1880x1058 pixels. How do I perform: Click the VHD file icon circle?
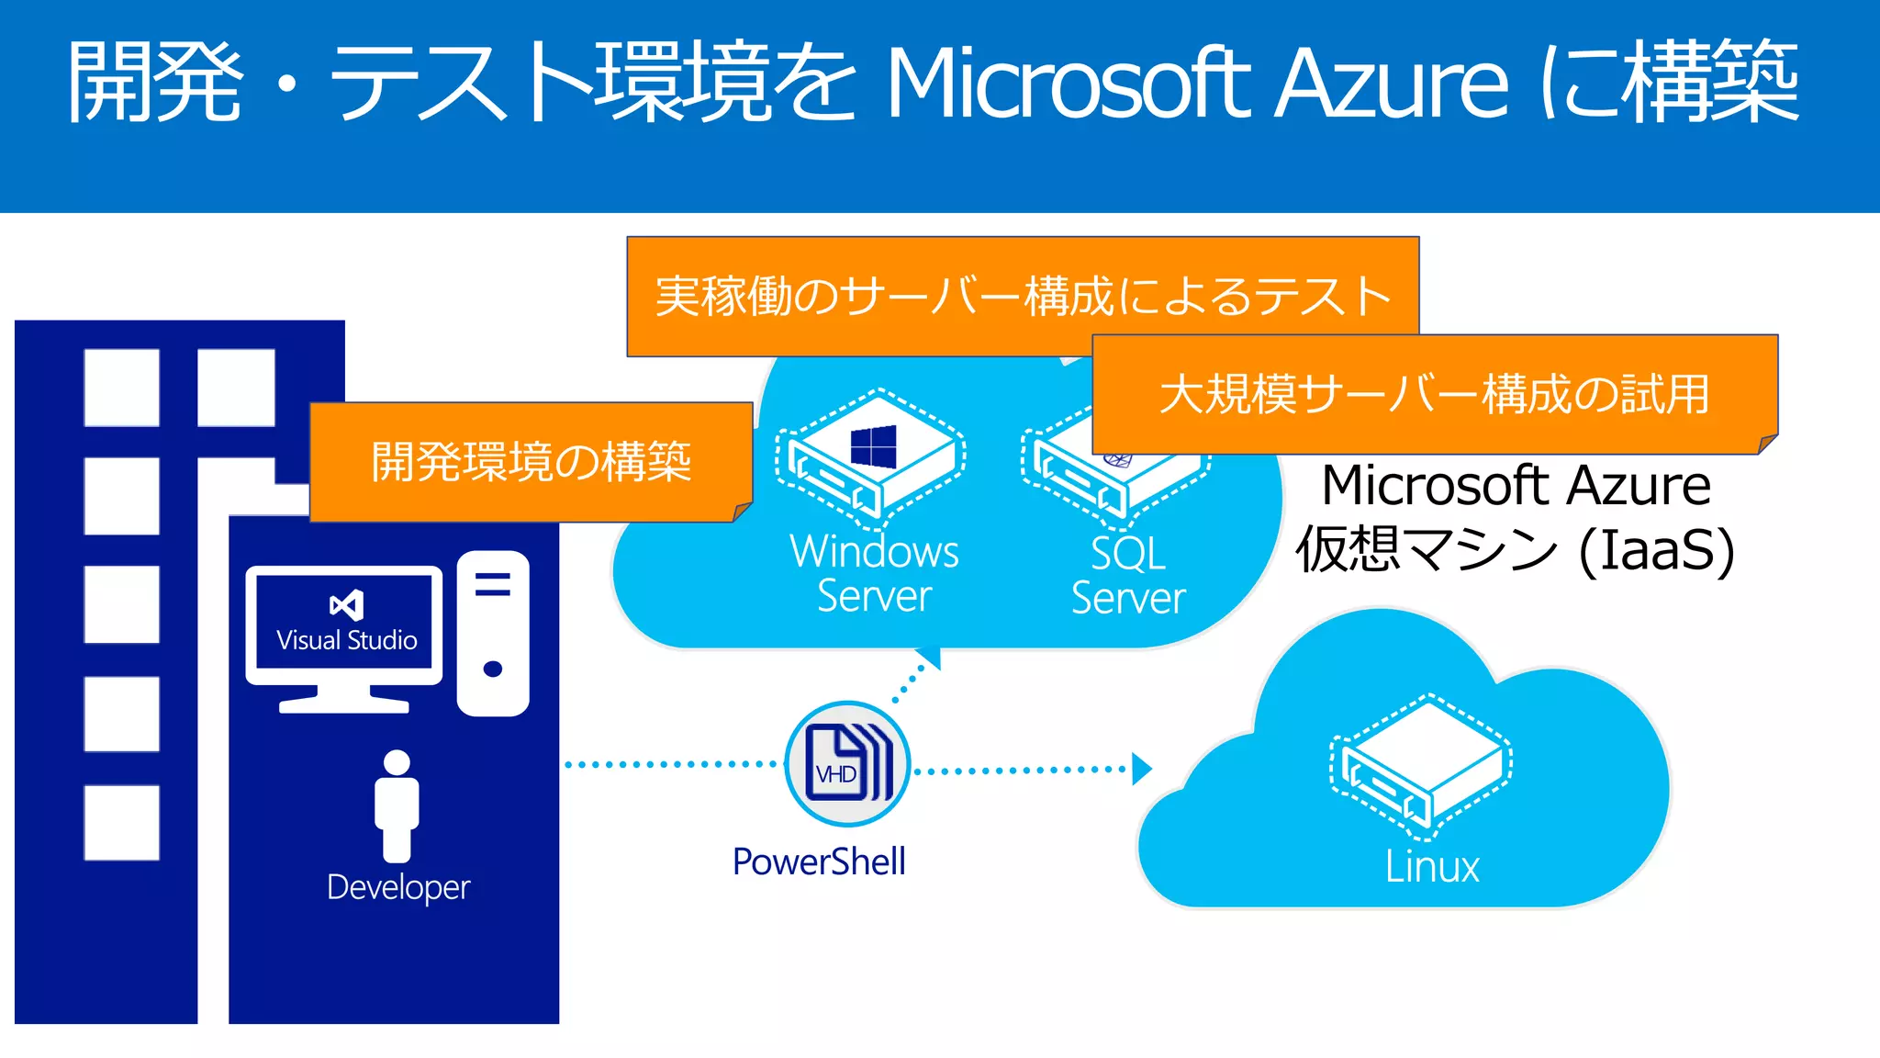(x=847, y=764)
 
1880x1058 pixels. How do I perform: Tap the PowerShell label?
(x=819, y=861)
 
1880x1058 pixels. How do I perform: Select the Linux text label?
(x=1432, y=867)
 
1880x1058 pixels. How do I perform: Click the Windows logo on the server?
(x=873, y=447)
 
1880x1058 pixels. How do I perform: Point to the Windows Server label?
(x=874, y=574)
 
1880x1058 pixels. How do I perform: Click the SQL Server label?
(x=1128, y=576)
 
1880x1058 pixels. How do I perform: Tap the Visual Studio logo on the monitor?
(x=346, y=605)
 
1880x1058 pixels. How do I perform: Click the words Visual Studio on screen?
(x=347, y=640)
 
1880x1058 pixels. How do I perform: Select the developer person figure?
(x=397, y=805)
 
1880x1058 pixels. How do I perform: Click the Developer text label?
(x=398, y=887)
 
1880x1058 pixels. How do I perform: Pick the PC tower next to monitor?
(x=493, y=634)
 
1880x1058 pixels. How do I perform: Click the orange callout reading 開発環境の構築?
(x=531, y=461)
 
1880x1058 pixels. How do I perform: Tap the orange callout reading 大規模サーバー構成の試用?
(x=1434, y=394)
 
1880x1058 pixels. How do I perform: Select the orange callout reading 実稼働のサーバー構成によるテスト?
(x=1022, y=296)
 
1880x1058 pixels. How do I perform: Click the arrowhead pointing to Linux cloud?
(x=1141, y=769)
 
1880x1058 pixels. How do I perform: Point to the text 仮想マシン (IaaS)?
(x=1515, y=549)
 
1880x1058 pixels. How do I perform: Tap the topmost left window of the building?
(x=121, y=387)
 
